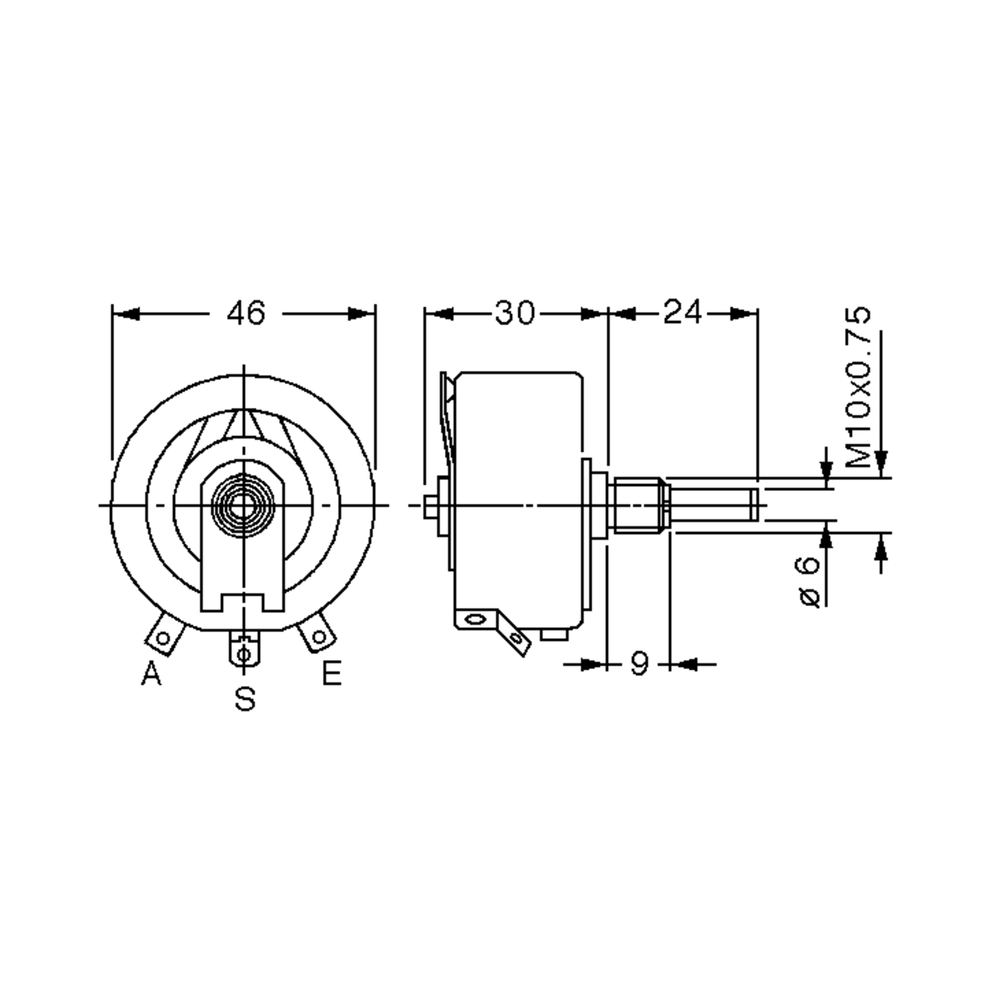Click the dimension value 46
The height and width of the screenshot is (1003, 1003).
pos(246,313)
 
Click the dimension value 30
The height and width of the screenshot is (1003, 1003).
pos(514,313)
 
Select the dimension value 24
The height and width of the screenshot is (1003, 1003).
pos(682,313)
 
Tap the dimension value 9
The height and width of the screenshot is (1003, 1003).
pos(639,664)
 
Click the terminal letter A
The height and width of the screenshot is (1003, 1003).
pos(152,674)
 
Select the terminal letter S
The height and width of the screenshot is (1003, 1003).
pos(245,699)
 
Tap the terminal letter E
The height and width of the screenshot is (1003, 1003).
pos(332,674)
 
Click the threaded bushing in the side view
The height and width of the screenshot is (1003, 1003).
pos(637,504)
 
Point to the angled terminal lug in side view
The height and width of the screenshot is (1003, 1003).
pos(514,634)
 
